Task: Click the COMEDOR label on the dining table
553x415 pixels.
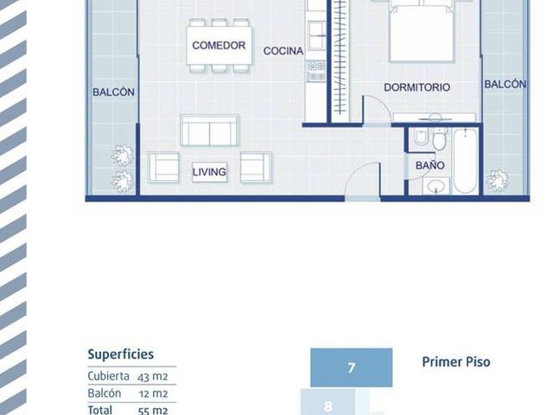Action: tap(219, 45)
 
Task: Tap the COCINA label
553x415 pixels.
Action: tap(283, 51)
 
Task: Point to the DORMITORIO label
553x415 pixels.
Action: tap(416, 87)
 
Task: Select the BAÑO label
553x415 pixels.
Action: tap(430, 165)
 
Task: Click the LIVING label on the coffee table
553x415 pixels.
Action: tap(209, 172)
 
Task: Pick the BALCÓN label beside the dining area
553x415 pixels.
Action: tap(113, 93)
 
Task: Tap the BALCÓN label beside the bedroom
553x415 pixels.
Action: tap(505, 85)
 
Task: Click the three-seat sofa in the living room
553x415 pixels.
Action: tap(209, 130)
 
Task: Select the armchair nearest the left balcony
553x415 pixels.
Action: tap(163, 167)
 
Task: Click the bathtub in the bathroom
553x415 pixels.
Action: tap(465, 162)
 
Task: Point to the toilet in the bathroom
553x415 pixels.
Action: tap(439, 138)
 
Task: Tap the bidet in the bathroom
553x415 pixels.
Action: tap(421, 137)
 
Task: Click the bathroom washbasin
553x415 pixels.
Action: tap(436, 186)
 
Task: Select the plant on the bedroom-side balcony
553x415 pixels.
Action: tap(498, 181)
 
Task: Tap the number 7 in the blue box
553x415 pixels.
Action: tap(352, 367)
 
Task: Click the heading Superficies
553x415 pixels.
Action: tap(121, 354)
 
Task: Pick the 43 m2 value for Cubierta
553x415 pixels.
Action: tap(153, 377)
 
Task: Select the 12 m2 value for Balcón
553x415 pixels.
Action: tap(154, 394)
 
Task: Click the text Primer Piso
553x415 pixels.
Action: tap(456, 361)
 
